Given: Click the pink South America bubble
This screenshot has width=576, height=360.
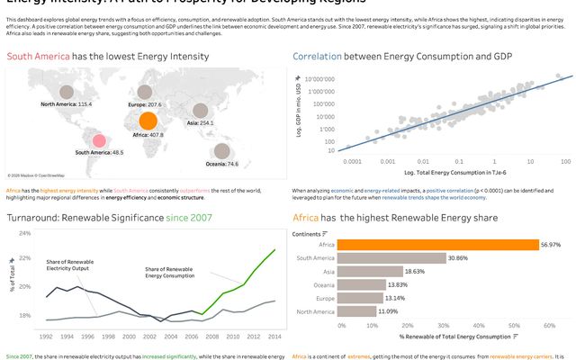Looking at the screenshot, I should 99,140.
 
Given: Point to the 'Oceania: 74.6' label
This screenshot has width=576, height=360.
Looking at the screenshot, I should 220,164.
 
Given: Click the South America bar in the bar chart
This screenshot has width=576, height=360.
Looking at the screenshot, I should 383,257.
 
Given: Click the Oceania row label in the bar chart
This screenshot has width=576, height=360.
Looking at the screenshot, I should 324,284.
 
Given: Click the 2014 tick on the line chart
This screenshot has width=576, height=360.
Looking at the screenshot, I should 274,337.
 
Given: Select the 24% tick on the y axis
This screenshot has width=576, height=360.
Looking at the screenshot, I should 24,233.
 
